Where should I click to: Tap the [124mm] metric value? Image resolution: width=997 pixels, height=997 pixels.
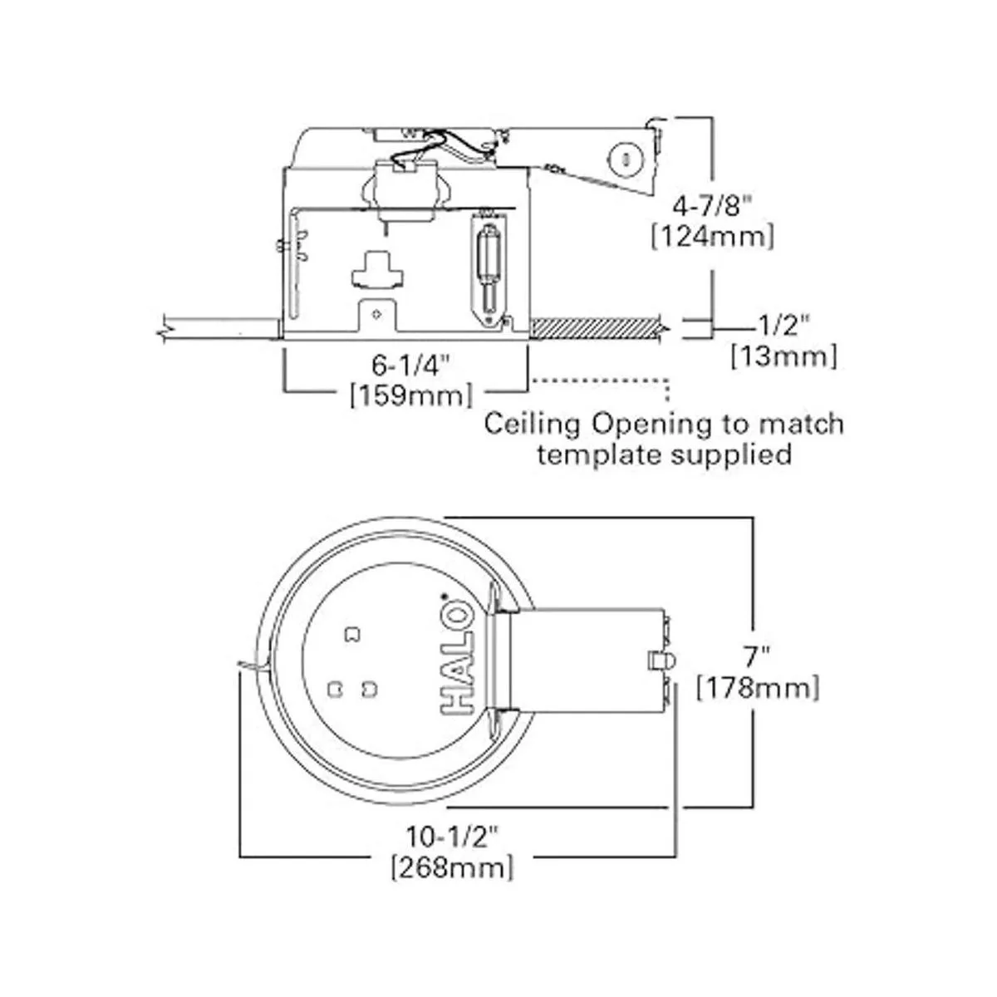pos(713,237)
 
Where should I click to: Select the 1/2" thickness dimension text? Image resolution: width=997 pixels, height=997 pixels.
pos(788,325)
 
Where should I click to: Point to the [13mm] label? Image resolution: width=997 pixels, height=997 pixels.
pos(783,357)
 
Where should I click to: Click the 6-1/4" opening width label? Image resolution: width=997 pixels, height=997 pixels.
pos(410,364)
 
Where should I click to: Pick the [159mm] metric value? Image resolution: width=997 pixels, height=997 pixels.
pos(410,395)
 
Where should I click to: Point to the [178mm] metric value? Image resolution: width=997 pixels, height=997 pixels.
pos(758,688)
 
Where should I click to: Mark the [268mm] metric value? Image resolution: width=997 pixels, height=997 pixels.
pos(452,868)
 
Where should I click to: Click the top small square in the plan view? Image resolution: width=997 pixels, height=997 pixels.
pos(353,635)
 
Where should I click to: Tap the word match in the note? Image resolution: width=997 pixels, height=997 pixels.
pos(799,424)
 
